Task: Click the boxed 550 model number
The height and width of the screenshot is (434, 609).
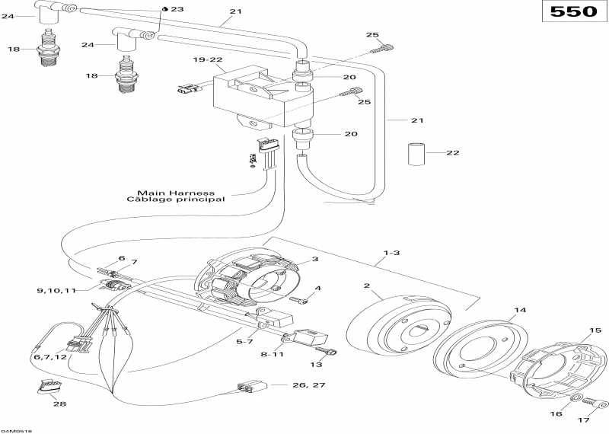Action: pyautogui.click(x=574, y=11)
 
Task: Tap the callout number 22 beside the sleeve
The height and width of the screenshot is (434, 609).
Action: pyautogui.click(x=452, y=153)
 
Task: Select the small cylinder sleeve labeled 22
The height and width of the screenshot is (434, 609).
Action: pyautogui.click(x=416, y=155)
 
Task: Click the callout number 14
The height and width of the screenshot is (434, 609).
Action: pyautogui.click(x=520, y=310)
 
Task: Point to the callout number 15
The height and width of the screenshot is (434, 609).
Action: pyautogui.click(x=595, y=330)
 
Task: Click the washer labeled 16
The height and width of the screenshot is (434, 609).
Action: pyautogui.click(x=576, y=398)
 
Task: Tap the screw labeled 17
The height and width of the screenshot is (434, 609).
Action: pyautogui.click(x=596, y=404)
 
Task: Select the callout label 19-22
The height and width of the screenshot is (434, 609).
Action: pyautogui.click(x=208, y=59)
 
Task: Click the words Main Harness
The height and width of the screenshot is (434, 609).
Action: pyautogui.click(x=176, y=193)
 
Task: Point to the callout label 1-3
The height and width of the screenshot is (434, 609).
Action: pyautogui.click(x=391, y=253)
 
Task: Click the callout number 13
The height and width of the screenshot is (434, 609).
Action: pyautogui.click(x=316, y=365)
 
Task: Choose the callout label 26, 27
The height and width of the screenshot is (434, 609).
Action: pyautogui.click(x=309, y=385)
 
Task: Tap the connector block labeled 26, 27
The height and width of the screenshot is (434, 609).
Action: pyautogui.click(x=253, y=385)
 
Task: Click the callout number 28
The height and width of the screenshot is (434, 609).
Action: pyautogui.click(x=60, y=404)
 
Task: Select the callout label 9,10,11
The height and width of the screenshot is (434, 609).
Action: pyautogui.click(x=56, y=290)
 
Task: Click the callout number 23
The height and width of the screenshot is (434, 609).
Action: pyautogui.click(x=177, y=9)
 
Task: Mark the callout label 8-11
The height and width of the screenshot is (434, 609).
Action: pyautogui.click(x=272, y=354)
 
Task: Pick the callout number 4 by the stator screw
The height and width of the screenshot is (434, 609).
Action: pyautogui.click(x=318, y=289)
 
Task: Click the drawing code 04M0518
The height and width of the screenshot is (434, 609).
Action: pyautogui.click(x=16, y=431)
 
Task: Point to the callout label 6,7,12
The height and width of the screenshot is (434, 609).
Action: pyautogui.click(x=49, y=356)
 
